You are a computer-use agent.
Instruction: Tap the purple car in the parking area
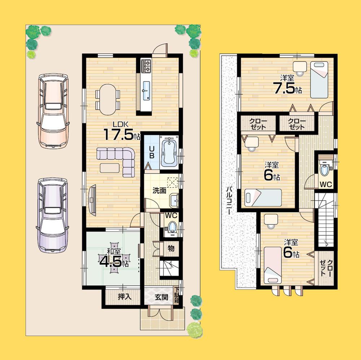point(53,216)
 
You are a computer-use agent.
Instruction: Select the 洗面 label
point(158,191)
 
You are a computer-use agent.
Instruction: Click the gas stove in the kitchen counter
point(147,66)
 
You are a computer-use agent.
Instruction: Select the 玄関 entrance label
point(161,297)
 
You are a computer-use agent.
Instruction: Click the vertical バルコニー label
point(229,201)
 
